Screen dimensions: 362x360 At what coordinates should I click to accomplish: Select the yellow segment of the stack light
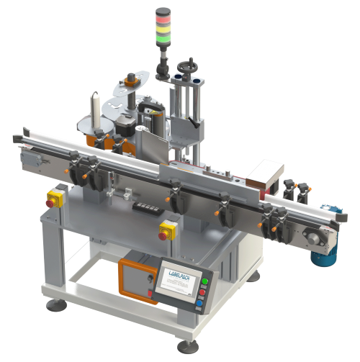click(161, 22)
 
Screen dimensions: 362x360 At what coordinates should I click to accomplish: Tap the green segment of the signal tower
click(161, 30)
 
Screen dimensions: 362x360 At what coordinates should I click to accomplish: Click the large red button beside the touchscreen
click(202, 293)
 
